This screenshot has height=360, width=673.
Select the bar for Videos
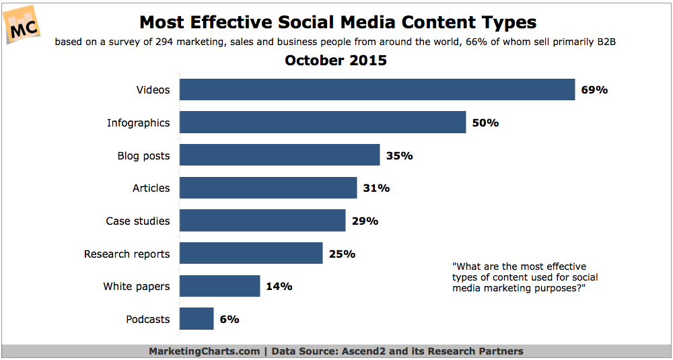377,90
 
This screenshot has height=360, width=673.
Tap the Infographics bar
322,122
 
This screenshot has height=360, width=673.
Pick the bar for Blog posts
279,155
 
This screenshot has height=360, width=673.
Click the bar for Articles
268,188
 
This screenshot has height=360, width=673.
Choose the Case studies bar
262,221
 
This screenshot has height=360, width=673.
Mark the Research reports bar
251,254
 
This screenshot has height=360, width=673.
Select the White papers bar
219,286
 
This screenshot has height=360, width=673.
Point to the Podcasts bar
197,319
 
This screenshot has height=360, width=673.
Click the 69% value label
594,90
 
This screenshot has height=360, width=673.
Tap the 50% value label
485,123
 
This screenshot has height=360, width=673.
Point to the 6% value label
229,320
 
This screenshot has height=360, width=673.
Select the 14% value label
279,287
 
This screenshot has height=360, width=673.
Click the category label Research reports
127,254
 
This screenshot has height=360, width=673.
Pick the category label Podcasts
147,319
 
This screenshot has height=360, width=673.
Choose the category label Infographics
138,122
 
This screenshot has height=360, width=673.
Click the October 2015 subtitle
336,61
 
